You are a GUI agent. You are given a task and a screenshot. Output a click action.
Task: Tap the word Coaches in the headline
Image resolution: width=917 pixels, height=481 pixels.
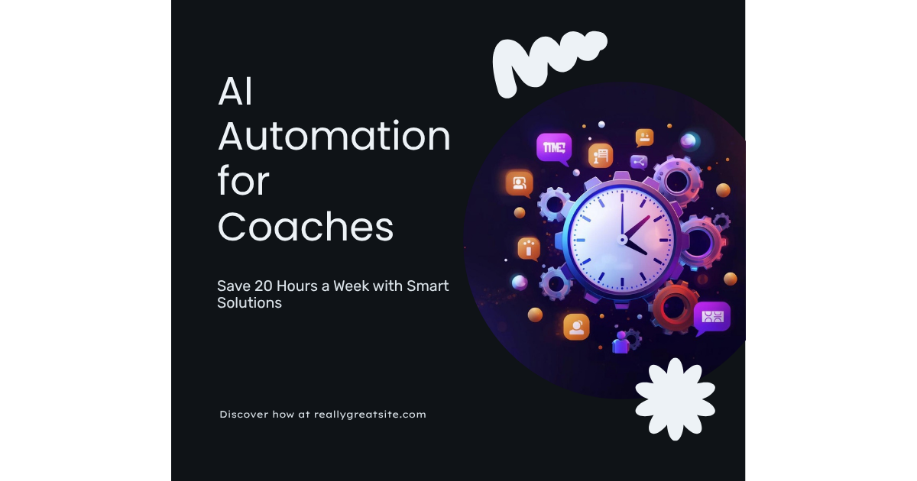click(x=306, y=228)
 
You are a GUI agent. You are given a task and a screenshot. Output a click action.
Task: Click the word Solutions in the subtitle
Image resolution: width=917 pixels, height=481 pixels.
click(x=249, y=303)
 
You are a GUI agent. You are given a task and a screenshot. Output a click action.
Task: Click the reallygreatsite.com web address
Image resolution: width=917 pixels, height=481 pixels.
click(x=370, y=415)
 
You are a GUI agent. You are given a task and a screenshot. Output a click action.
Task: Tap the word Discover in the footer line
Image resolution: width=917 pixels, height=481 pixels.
click(x=245, y=415)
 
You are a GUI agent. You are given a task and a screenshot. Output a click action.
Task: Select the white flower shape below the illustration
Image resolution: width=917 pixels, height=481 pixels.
click(x=675, y=399)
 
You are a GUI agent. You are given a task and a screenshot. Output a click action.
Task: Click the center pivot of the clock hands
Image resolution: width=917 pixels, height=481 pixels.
click(x=622, y=238)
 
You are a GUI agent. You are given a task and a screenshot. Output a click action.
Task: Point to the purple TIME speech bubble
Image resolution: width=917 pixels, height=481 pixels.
click(x=554, y=147)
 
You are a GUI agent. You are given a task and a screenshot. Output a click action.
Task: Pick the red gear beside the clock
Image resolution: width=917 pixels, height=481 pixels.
click(x=676, y=305)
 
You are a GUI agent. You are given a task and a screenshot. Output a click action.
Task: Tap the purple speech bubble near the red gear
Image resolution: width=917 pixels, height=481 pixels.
click(x=711, y=316)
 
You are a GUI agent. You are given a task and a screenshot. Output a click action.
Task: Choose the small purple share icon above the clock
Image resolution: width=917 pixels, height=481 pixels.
click(x=639, y=162)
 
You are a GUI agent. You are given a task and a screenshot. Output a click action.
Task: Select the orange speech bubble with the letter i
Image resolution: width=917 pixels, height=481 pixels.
click(x=529, y=247)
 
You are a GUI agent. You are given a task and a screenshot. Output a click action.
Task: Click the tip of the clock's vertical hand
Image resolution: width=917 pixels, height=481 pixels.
click(x=622, y=195)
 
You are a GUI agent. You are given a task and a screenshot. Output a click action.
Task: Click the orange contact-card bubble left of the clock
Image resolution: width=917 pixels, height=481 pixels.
click(x=519, y=183)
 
